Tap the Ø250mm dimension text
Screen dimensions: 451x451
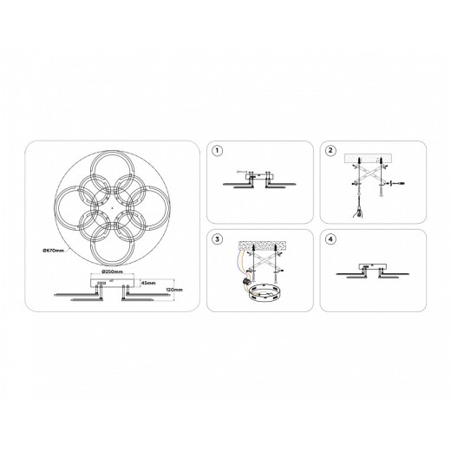tap(110, 271)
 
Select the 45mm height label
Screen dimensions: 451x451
tap(150, 283)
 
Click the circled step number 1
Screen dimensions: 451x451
tap(217, 151)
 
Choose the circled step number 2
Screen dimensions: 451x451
tap(330, 151)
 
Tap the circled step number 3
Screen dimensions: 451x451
tap(217, 239)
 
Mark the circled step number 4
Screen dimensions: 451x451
tap(330, 239)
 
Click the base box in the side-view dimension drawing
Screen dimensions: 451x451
tap(110, 284)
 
